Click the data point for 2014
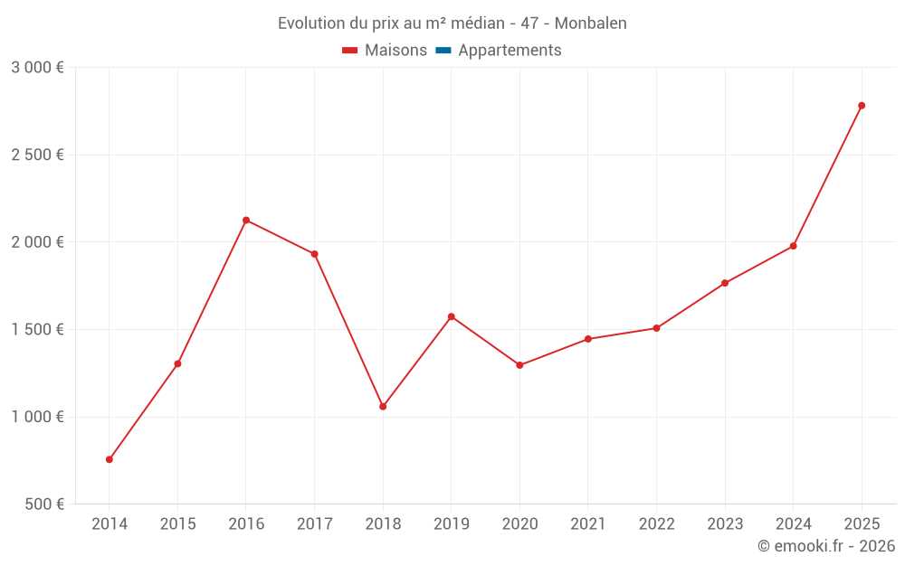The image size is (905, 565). [x=110, y=459]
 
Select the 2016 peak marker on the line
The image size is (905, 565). [x=246, y=220]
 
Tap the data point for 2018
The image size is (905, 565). [x=383, y=407]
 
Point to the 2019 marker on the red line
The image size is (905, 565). [x=452, y=316]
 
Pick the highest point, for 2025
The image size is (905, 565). [x=862, y=106]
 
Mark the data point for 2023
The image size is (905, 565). [x=725, y=283]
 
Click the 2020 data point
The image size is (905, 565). [x=519, y=365]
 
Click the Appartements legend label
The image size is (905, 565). [x=510, y=51]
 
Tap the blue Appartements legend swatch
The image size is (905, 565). [x=443, y=51]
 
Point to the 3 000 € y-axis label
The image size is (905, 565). [x=37, y=68]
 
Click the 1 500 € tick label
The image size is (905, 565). [x=37, y=330]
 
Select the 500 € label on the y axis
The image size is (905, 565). [x=43, y=504]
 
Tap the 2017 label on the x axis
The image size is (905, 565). [x=314, y=524]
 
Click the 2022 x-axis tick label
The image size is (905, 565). [x=656, y=524]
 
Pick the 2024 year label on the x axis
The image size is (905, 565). [x=793, y=524]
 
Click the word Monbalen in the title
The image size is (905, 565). [x=590, y=24]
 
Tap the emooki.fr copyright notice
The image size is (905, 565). [x=825, y=546]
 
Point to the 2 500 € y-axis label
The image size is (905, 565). [x=37, y=155]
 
